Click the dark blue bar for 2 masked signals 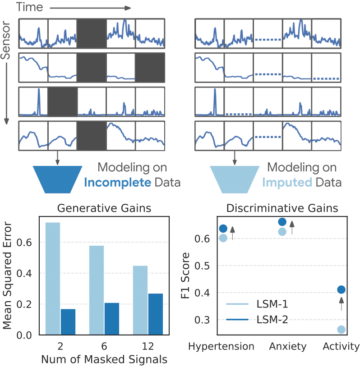tap(68, 322)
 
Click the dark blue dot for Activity tap(341, 289)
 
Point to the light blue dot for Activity tap(341, 330)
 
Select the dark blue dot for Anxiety tap(282, 221)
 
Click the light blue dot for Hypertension tap(223, 238)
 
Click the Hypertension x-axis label tap(221, 347)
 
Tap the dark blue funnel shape tap(57, 178)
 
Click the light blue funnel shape tap(235, 178)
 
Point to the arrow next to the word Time tap(90, 8)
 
